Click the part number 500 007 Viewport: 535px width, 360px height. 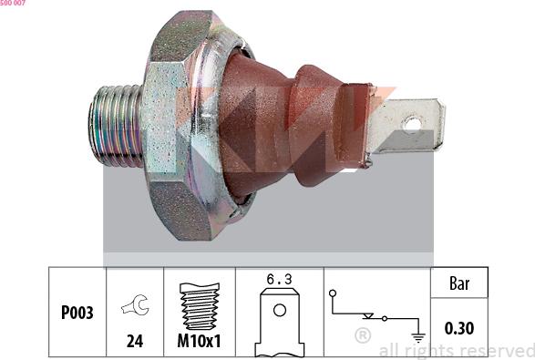click(13, 5)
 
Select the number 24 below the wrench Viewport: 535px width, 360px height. click(135, 342)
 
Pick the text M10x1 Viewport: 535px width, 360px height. click(199, 342)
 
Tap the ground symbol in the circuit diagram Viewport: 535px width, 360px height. click(418, 336)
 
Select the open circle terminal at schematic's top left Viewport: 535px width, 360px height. click(334, 293)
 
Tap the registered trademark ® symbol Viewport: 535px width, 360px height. click(362, 336)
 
